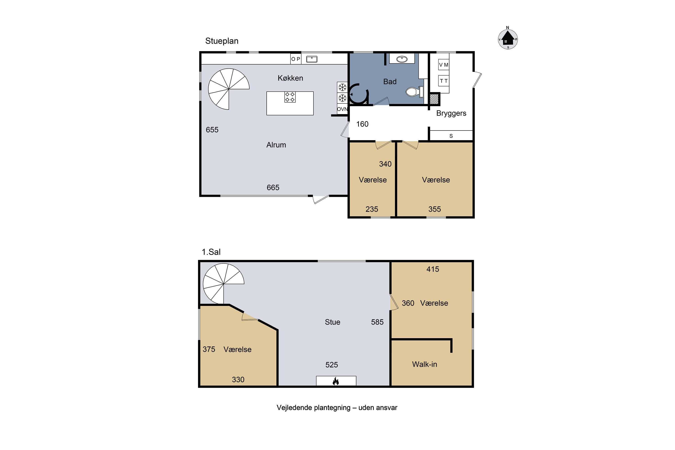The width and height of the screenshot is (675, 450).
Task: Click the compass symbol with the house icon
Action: point(508,39)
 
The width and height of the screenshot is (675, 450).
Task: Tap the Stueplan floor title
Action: point(222,41)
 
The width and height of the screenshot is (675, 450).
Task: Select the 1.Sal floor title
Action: point(211,252)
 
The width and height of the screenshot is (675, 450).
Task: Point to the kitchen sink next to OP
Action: point(312,59)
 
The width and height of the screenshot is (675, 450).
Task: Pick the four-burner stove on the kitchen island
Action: point(290,97)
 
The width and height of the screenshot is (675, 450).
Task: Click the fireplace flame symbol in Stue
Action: point(336,381)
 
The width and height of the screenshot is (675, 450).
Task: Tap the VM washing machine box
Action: point(444,65)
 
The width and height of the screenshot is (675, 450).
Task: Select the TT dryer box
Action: point(444,81)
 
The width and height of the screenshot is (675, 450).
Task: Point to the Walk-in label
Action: point(424,364)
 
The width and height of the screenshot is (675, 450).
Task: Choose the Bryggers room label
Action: point(451,113)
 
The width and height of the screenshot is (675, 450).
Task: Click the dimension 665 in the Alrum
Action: point(273,187)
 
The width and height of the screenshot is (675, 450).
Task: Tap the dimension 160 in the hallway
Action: point(362,124)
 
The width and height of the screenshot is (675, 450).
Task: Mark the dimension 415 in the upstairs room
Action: point(432,269)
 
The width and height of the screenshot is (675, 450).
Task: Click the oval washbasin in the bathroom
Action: point(402,59)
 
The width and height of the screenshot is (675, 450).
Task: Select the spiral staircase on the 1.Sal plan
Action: point(223,284)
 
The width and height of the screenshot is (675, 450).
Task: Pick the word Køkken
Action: point(290,78)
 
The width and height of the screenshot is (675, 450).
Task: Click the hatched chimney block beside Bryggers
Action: point(434,99)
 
